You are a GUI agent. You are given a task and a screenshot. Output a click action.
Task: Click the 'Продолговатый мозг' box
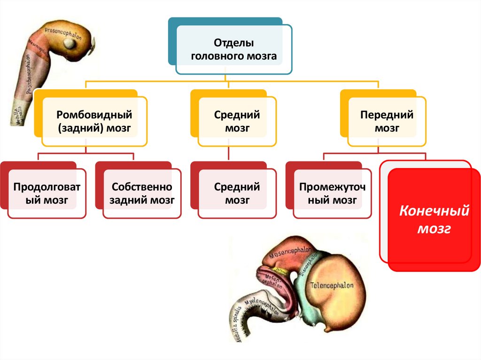[x=47, y=194]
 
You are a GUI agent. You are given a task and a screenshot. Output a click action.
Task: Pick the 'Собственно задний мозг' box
[x=142, y=194]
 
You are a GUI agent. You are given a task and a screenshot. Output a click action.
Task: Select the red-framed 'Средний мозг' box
[x=237, y=194]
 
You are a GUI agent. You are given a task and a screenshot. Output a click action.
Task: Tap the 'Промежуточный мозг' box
[x=332, y=194]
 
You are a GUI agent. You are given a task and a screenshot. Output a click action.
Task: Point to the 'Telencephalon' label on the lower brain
[x=332, y=284]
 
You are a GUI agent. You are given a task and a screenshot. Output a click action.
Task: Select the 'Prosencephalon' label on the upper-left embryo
[x=63, y=35]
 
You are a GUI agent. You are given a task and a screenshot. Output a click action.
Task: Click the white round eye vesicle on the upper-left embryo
[x=70, y=44]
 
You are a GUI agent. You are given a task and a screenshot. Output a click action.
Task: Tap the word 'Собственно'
[x=142, y=187]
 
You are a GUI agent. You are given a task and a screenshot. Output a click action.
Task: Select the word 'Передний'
[x=387, y=115]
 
